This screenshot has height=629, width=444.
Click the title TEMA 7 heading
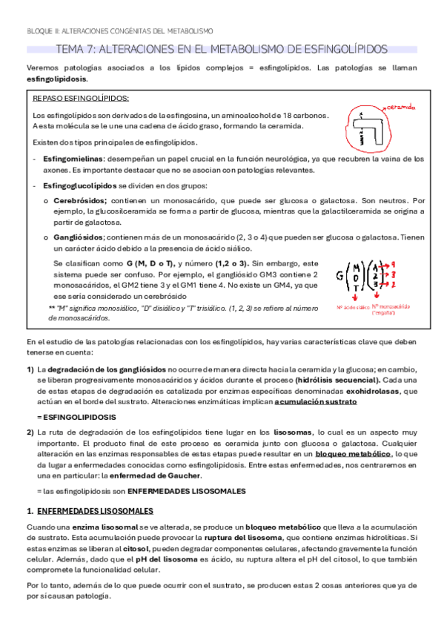coord(222,49)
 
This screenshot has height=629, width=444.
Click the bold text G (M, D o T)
coord(149,263)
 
